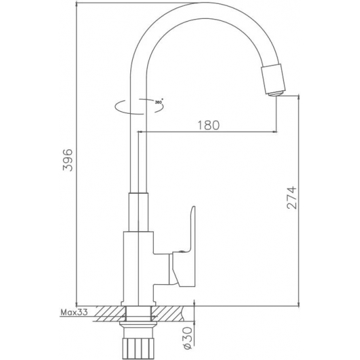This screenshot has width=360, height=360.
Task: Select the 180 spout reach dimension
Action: (208, 124)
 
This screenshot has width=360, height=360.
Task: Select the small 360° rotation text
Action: (158, 102)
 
